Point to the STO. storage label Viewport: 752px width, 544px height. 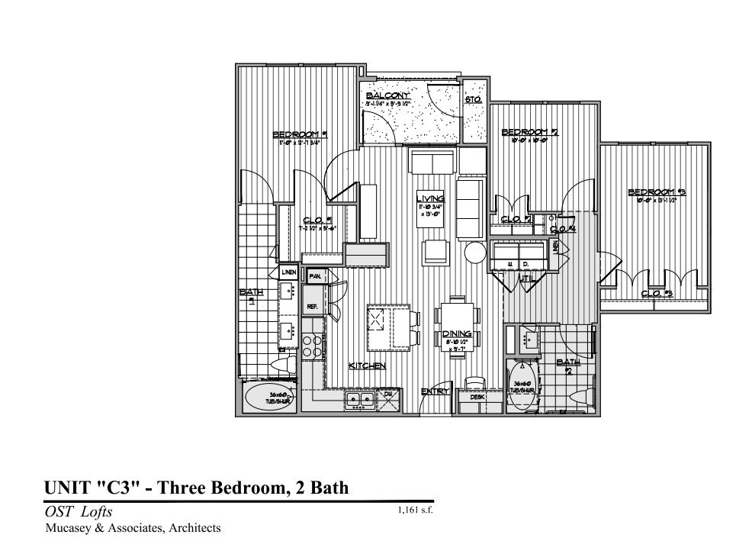(x=472, y=99)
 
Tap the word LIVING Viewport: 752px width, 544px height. (x=436, y=198)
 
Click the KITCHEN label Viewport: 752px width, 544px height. (x=367, y=366)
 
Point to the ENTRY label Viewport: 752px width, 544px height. (x=434, y=392)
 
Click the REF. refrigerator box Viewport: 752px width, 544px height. (x=312, y=307)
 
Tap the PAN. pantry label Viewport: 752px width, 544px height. (x=314, y=274)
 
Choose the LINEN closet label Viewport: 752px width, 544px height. (x=288, y=272)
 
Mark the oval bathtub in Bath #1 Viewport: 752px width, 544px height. (x=268, y=400)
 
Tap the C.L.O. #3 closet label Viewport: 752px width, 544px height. (x=651, y=294)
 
